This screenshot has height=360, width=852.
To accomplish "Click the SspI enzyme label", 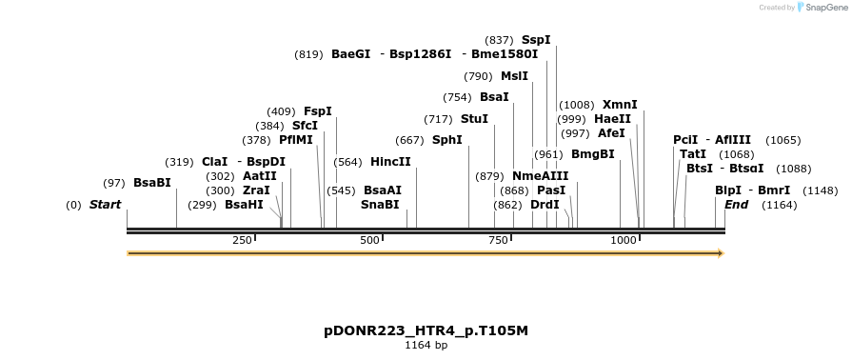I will click(x=536, y=40).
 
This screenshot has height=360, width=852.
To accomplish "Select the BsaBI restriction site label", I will click(x=152, y=182).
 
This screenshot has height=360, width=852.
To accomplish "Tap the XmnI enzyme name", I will click(x=620, y=105).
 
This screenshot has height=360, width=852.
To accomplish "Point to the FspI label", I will click(x=318, y=111).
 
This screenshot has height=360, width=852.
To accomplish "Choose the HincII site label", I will click(x=390, y=162).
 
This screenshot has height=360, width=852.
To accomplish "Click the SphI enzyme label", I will click(x=446, y=140).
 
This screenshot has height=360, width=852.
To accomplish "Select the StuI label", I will click(x=474, y=119).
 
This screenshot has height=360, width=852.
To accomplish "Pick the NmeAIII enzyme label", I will click(x=540, y=176).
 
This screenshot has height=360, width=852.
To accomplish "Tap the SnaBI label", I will click(x=380, y=205).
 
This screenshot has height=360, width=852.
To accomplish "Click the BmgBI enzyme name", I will click(x=593, y=154).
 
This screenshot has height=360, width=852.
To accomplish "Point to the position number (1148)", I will click(x=821, y=190).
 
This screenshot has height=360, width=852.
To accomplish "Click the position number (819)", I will click(x=308, y=54).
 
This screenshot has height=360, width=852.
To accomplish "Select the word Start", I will click(x=105, y=205).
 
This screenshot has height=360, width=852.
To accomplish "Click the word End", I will click(x=736, y=205).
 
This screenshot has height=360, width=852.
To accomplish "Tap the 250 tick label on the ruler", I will click(x=241, y=240).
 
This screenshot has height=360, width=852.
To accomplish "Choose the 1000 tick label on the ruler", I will click(x=624, y=240).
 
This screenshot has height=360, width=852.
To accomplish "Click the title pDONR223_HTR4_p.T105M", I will click(x=426, y=330).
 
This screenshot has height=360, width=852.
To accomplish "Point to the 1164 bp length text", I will click(x=426, y=345).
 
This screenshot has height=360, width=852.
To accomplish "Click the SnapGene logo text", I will click(x=826, y=8).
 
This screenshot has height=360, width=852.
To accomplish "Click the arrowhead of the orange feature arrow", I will click(x=721, y=253).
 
